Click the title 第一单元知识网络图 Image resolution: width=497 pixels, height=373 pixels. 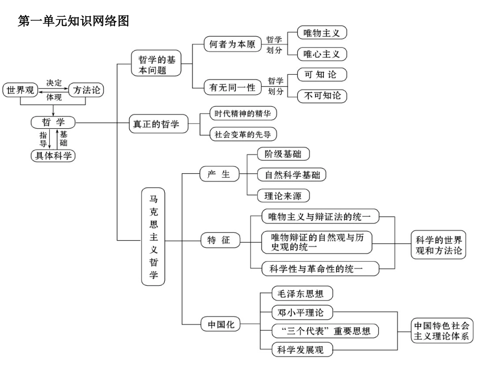pyautogui.click(x=73, y=21)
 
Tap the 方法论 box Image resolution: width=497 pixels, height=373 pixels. pyautogui.click(x=86, y=91)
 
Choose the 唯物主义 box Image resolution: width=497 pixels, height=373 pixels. pyautogui.click(x=322, y=33)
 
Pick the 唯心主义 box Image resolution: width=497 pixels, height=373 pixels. pyautogui.click(x=322, y=54)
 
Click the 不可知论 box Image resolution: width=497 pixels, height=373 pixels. pyautogui.click(x=322, y=96)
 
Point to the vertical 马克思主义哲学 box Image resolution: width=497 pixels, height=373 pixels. pyautogui.click(x=153, y=237)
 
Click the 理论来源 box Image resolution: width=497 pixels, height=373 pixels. pyautogui.click(x=284, y=196)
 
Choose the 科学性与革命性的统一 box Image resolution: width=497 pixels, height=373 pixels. pyautogui.click(x=320, y=269)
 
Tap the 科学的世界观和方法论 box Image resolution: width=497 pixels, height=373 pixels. pyautogui.click(x=438, y=245)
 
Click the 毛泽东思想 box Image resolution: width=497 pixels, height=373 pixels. pyautogui.click(x=302, y=293)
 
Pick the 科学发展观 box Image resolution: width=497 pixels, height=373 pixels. pyautogui.click(x=302, y=349)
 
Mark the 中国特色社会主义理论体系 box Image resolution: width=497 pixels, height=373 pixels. pyautogui.click(x=442, y=330)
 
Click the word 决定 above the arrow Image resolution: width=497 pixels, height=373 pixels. pyautogui.click(x=53, y=83)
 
